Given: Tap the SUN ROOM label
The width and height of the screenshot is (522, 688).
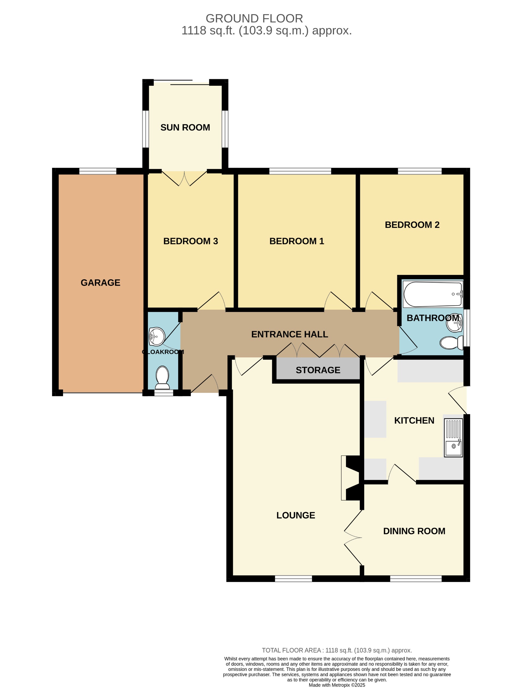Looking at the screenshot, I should (185, 127).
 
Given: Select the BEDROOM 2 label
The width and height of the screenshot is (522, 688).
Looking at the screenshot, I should (412, 225).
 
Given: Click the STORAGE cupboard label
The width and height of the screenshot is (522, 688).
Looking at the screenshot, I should (318, 370).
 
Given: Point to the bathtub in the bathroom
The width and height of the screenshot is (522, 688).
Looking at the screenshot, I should (432, 294).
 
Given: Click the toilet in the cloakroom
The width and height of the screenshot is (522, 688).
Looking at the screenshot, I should (162, 377).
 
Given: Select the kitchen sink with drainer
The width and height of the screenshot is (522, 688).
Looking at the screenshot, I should (453, 438).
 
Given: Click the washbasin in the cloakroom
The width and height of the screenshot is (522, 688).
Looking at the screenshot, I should (157, 336).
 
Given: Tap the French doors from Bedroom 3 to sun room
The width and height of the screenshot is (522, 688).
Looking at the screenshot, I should (184, 179).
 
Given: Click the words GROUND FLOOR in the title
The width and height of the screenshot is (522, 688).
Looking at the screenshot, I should (254, 19).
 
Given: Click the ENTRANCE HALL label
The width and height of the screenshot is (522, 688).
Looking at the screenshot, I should (290, 334).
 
